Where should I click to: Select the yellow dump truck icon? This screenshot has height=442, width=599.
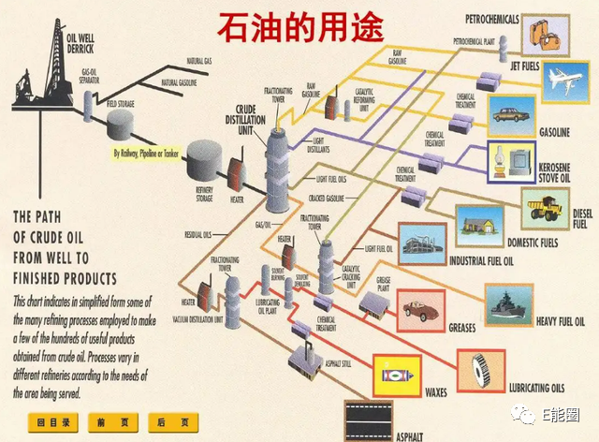pos(545,208)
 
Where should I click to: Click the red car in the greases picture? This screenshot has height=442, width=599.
pos(424,309)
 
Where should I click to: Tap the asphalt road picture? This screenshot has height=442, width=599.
pos(368,419)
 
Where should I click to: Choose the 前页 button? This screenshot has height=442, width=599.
pos(107,421)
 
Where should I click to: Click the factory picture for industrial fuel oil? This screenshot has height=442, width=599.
pos(422,243)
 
